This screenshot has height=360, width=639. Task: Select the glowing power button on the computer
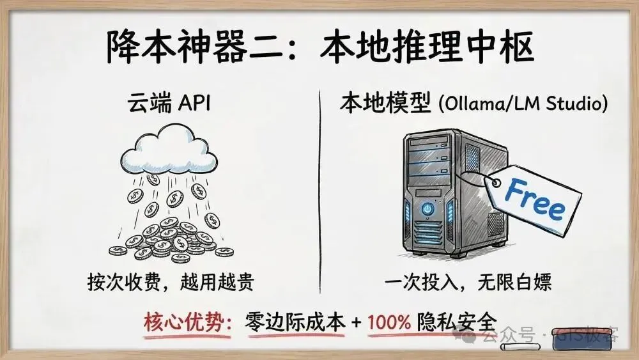click(x=426, y=209)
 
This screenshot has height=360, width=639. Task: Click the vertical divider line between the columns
click(x=319, y=192)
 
